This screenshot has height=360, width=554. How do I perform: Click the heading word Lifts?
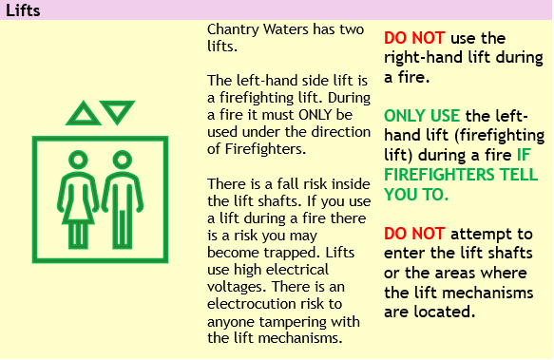23,10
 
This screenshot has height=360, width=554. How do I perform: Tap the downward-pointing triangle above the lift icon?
117,109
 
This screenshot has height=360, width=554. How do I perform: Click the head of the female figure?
78,160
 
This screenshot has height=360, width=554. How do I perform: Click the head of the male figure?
123,160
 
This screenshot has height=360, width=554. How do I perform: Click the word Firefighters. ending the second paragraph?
265,149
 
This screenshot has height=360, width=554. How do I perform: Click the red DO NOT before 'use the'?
414,38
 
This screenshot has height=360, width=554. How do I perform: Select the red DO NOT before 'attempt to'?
414,234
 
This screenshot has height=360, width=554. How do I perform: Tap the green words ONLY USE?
422,116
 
